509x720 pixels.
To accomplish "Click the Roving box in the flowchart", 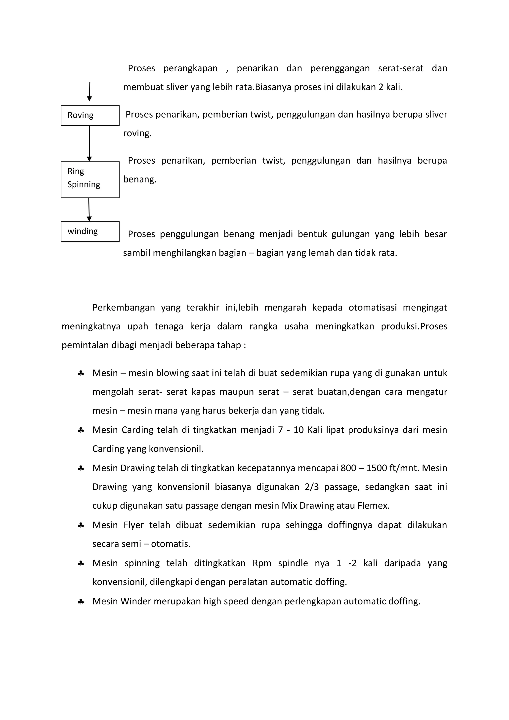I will (x=90, y=116).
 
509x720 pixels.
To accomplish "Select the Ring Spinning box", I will (x=90, y=180).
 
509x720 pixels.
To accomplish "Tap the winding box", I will (x=90, y=232).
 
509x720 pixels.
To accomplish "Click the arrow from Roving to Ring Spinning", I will (x=89, y=144).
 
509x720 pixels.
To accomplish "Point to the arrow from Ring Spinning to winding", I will (x=89, y=210).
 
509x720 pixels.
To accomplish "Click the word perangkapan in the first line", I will (x=190, y=69).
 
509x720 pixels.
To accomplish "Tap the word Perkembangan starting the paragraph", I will (x=124, y=308).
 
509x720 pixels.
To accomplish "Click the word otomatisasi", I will (x=372, y=308).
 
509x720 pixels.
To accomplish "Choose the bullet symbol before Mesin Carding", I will (x=81, y=431).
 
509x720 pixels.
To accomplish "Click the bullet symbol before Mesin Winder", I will (x=81, y=602).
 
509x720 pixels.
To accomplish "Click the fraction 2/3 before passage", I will (x=312, y=487).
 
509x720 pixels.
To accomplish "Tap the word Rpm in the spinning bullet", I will (x=262, y=563).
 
